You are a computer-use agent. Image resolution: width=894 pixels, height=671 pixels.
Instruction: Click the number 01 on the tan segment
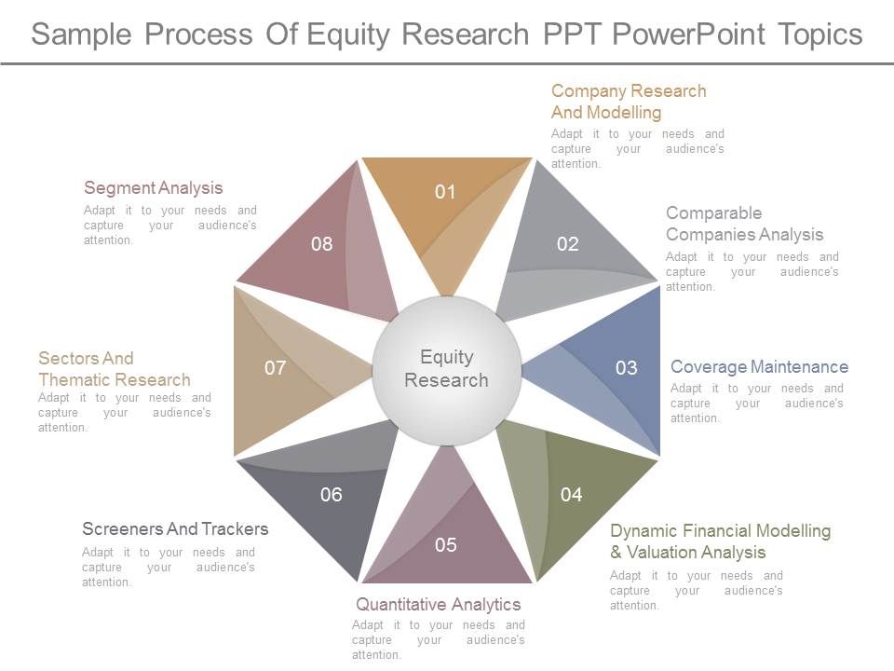(x=446, y=192)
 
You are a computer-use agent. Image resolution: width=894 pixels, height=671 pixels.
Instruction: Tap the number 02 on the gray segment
(x=568, y=244)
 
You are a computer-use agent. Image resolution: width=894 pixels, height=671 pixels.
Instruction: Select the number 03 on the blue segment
(x=627, y=368)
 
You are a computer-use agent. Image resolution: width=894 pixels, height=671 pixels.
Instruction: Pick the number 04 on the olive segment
(x=571, y=495)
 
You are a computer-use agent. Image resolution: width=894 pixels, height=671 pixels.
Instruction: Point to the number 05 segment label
(x=446, y=545)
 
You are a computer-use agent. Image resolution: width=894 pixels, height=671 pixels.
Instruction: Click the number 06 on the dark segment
(x=332, y=495)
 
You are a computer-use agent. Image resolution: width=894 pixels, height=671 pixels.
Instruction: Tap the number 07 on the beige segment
(x=275, y=368)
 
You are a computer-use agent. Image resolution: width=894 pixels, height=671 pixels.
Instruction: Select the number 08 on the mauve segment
(x=322, y=244)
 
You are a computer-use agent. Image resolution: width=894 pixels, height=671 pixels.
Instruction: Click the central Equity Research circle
(x=447, y=369)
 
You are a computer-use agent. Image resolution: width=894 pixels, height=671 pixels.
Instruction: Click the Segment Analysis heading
(x=154, y=188)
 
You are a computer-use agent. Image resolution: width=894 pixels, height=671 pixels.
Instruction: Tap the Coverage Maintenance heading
(x=759, y=367)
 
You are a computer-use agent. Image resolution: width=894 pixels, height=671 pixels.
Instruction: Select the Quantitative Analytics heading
(x=439, y=604)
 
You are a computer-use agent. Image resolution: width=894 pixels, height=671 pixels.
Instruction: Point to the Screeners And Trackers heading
(x=175, y=529)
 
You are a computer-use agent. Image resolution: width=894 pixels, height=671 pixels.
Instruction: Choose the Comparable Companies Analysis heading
(x=744, y=224)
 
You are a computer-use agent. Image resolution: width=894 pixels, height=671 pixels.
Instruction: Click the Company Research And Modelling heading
(x=629, y=102)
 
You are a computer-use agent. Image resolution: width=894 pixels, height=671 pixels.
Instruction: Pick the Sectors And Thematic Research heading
(x=115, y=369)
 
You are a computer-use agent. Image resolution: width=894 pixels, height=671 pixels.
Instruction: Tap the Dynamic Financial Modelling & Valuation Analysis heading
(x=720, y=541)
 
